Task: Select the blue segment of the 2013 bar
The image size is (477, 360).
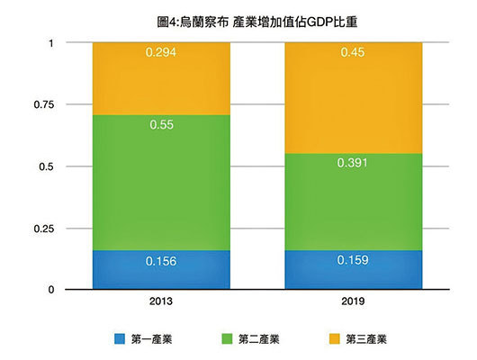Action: [161, 270]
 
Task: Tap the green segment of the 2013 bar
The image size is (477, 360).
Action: [161, 183]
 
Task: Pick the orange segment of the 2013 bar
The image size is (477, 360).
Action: [161, 78]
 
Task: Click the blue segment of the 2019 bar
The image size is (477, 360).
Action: [354, 270]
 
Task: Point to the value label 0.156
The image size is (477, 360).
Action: [161, 262]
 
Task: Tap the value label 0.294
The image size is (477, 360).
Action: [161, 53]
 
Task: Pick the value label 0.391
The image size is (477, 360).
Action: [354, 165]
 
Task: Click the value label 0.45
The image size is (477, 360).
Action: [354, 53]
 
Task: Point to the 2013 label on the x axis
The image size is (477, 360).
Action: [161, 303]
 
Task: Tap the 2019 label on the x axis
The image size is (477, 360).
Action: [354, 303]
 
